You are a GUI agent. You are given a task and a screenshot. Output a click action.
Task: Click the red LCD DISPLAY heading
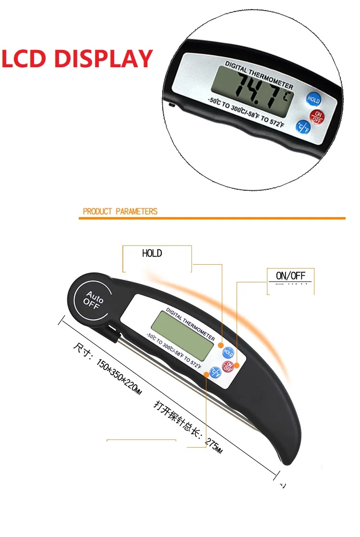coord(77,59)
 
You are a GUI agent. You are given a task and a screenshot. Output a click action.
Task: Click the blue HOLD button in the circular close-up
coord(313,100)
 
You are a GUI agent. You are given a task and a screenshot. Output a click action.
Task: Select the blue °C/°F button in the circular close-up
coord(303,126)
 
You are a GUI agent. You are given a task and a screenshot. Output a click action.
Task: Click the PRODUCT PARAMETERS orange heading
coord(120,211)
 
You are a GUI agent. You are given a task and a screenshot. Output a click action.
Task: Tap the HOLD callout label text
coord(152,253)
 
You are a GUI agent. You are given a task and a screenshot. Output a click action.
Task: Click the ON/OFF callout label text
coord(291,276)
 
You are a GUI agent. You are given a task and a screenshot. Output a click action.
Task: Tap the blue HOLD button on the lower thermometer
coord(228,353)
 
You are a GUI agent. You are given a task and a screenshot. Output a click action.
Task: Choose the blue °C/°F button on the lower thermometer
coord(214,371)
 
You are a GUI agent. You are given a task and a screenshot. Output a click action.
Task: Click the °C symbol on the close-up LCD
coord(288,96)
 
